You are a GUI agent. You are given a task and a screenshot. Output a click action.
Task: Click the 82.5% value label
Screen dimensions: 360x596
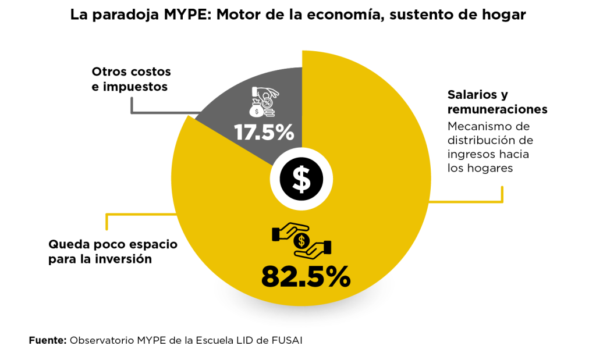click(306, 277)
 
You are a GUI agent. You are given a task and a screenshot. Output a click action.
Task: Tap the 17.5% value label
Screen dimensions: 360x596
click(264, 132)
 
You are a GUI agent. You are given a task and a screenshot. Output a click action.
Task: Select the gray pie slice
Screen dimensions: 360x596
click(244, 125)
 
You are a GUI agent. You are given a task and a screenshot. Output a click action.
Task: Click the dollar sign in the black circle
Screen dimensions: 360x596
click(301, 179)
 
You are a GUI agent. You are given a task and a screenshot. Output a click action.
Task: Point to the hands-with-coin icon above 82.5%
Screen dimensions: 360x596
click(301, 240)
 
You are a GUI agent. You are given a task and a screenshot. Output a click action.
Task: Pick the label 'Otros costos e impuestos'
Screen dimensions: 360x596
click(131, 79)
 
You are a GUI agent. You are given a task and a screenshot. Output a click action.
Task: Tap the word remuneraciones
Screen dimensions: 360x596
click(498, 110)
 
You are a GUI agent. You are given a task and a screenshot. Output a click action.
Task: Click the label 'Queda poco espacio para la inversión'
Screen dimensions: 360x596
click(113, 251)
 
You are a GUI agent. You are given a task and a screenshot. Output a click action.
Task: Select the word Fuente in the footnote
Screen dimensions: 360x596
click(47, 340)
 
